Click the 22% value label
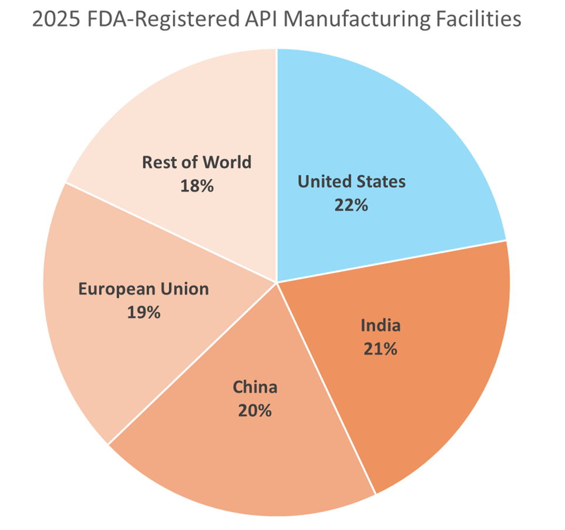[x=351, y=205]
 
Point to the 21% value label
[x=380, y=349]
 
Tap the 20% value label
[x=255, y=410]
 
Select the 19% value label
[x=144, y=313]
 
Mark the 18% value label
[x=197, y=186]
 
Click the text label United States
[x=351, y=182]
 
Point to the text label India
[x=380, y=326]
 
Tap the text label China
[x=255, y=387]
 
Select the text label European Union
[x=144, y=289]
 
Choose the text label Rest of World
[x=197, y=162]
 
